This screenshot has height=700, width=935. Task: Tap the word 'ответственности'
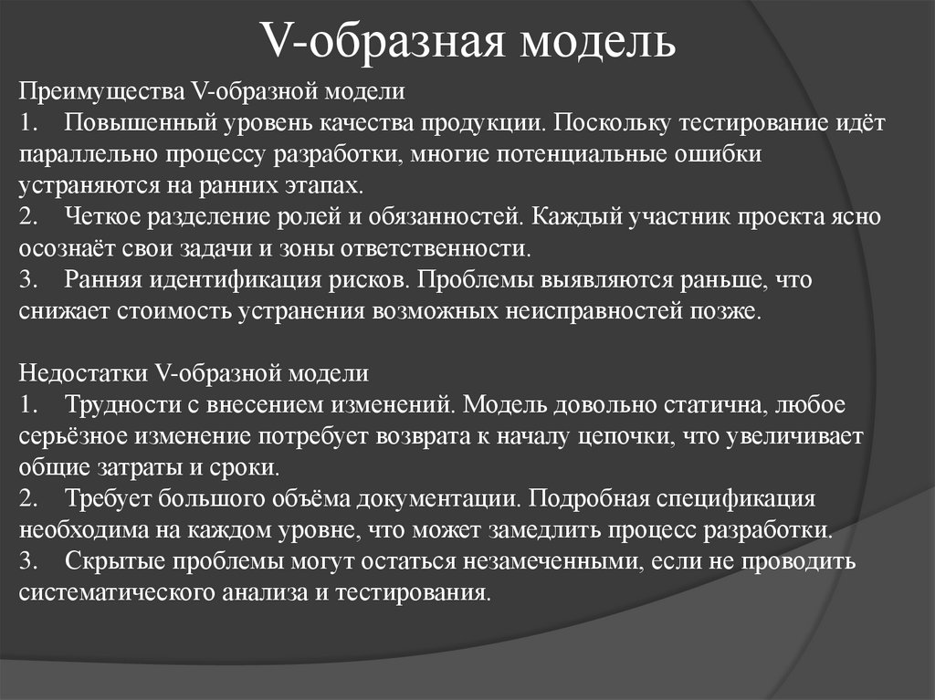[x=436, y=248]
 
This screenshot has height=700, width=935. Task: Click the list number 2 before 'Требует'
[x=26, y=498]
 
